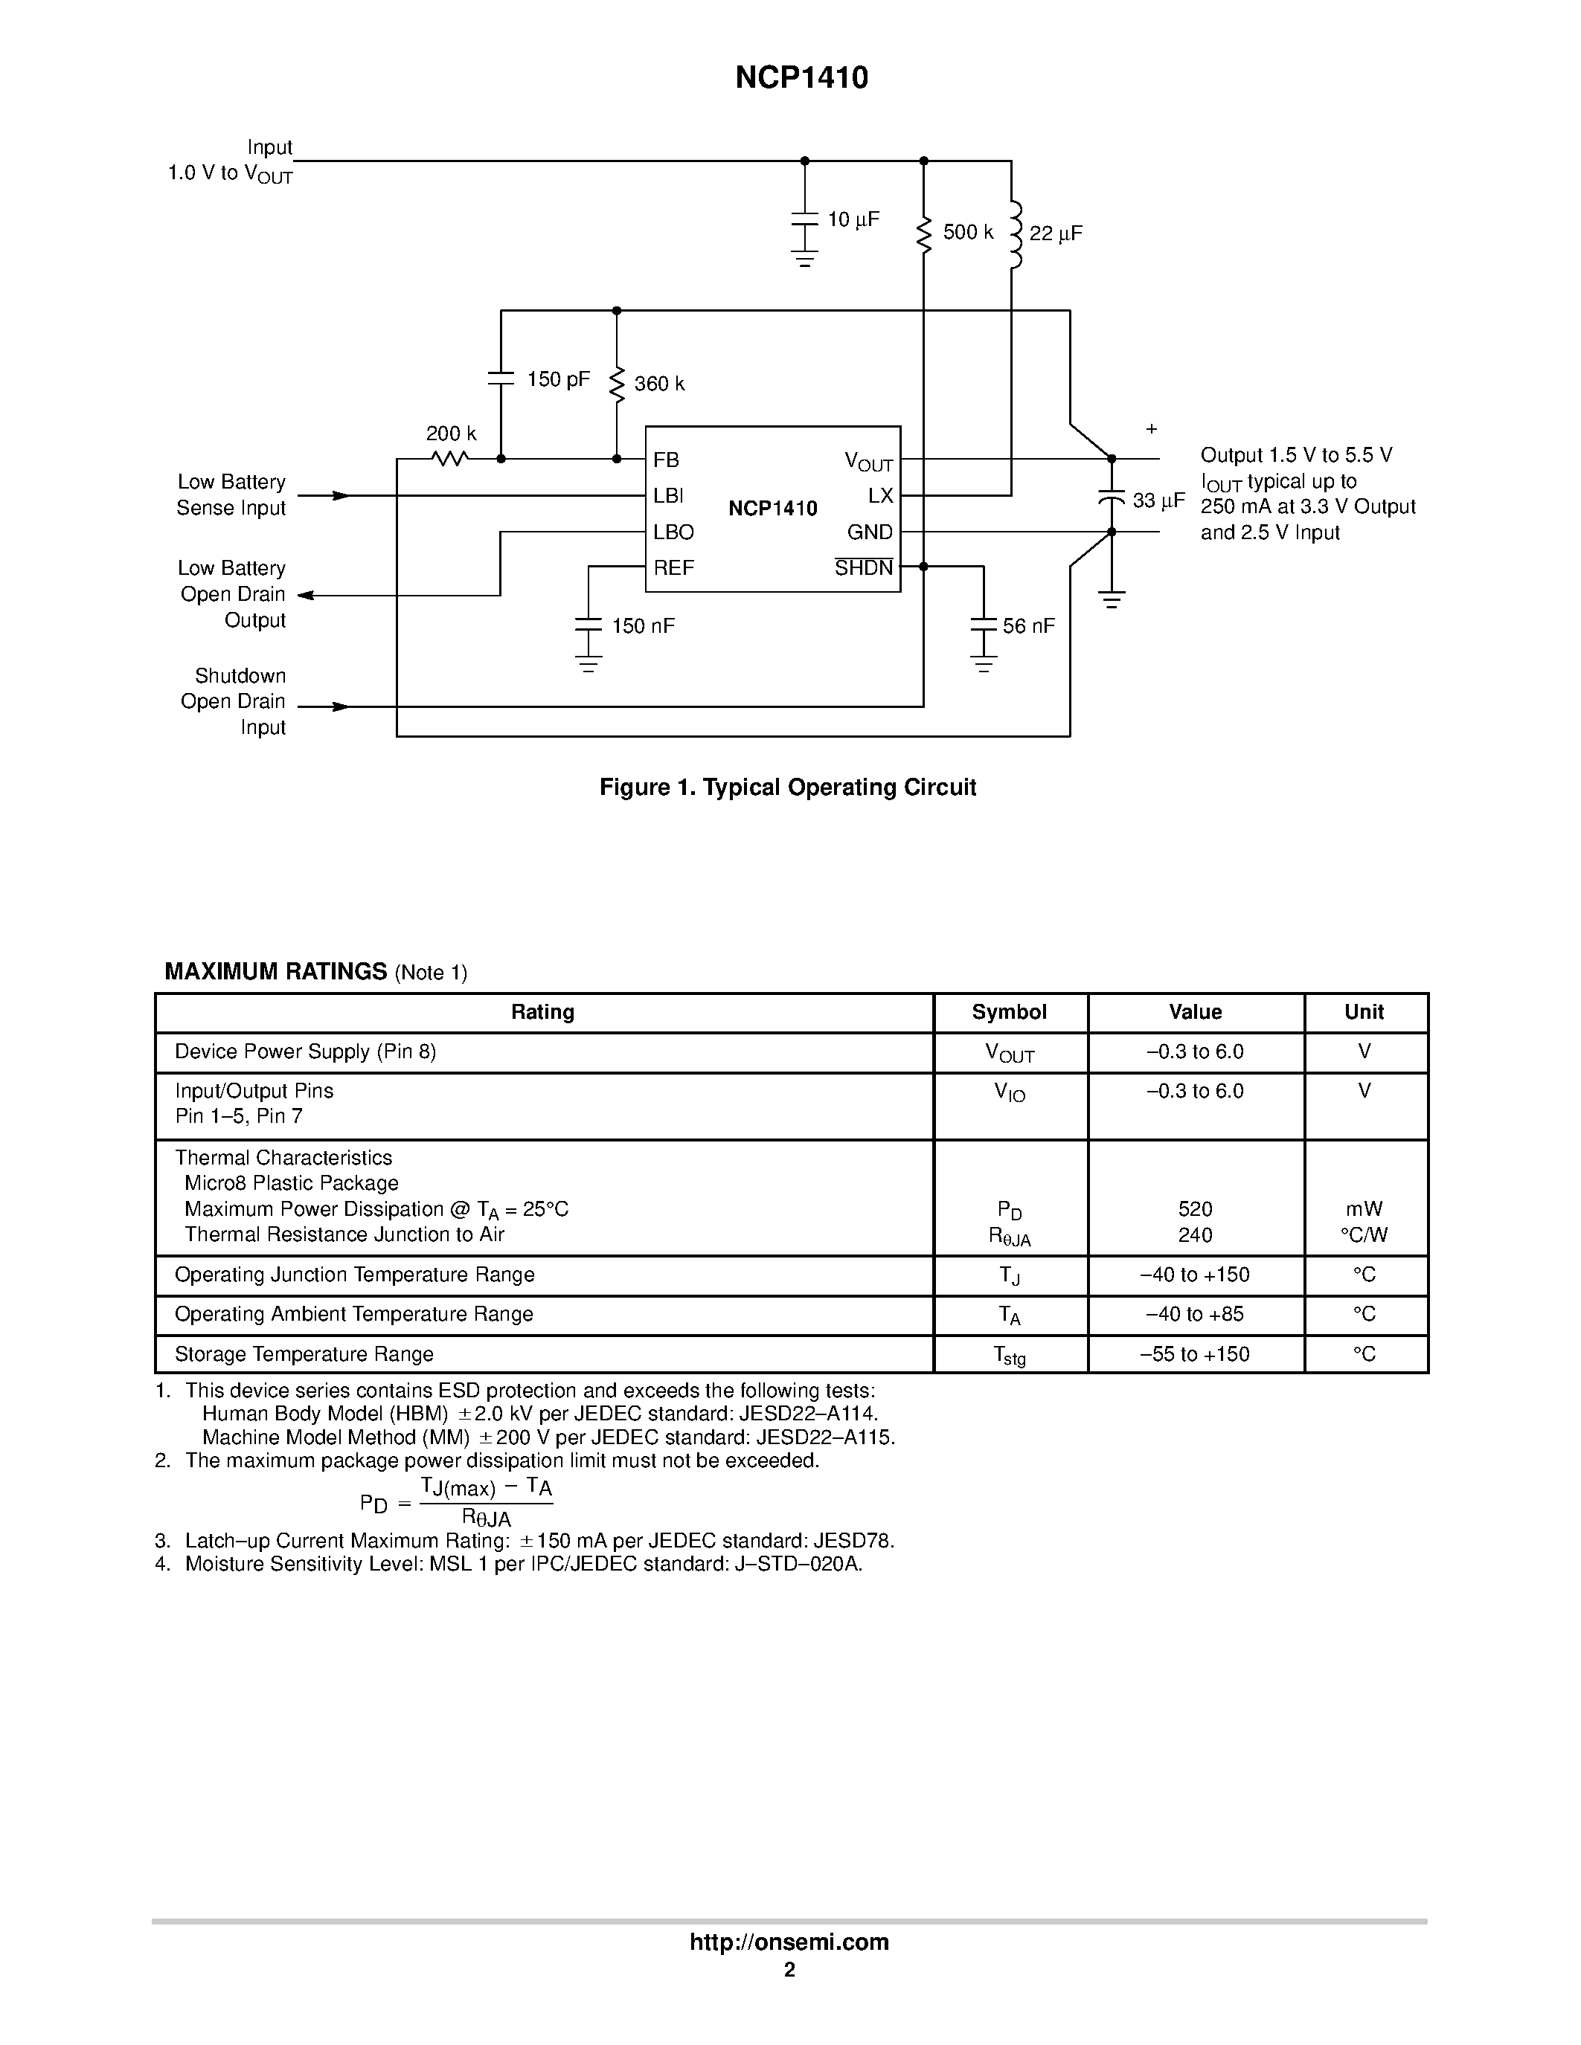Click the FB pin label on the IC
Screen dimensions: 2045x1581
666,460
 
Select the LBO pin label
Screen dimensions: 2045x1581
673,532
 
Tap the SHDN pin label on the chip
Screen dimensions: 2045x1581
864,567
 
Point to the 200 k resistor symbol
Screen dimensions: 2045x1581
449,459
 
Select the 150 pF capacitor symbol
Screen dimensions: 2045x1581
501,379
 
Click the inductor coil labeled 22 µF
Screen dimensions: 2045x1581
1013,234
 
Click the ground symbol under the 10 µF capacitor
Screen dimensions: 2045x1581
804,259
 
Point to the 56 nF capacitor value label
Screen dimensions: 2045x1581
1028,625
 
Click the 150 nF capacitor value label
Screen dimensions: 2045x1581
643,625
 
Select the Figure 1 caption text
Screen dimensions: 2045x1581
788,788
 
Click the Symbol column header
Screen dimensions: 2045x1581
1009,1011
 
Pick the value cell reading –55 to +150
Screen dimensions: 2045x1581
1194,1354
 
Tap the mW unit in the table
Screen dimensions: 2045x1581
1364,1209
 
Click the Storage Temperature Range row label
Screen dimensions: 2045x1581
304,1354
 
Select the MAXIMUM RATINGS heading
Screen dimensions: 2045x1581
275,971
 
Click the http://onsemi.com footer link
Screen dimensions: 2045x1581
789,1942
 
